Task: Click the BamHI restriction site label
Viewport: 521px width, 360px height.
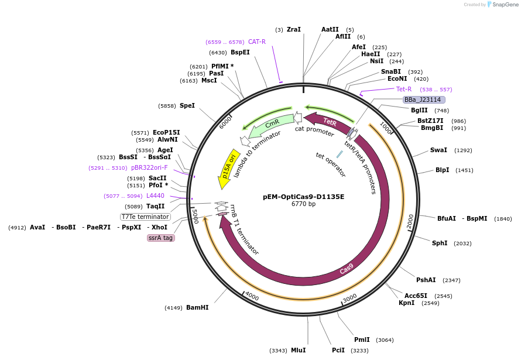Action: click(x=197, y=307)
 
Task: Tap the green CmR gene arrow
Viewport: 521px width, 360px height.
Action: click(x=271, y=124)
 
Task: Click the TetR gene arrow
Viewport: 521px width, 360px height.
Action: click(x=329, y=122)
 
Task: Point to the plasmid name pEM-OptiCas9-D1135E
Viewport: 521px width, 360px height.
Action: click(x=303, y=197)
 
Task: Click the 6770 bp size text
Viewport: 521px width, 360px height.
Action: click(x=303, y=204)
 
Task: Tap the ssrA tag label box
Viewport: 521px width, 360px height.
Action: click(x=161, y=238)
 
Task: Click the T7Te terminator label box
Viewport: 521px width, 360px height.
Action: click(x=145, y=217)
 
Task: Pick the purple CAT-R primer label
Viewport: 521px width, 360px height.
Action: click(x=257, y=42)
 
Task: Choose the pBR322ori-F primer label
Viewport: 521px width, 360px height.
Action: click(x=149, y=168)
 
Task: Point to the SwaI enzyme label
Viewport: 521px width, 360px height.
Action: click(x=438, y=150)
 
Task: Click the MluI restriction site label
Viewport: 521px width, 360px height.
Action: click(x=299, y=350)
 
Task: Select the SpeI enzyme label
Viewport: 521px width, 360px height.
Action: click(x=187, y=105)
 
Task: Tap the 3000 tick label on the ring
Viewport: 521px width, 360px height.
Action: click(x=349, y=298)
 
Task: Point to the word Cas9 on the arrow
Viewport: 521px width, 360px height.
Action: click(x=347, y=269)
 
